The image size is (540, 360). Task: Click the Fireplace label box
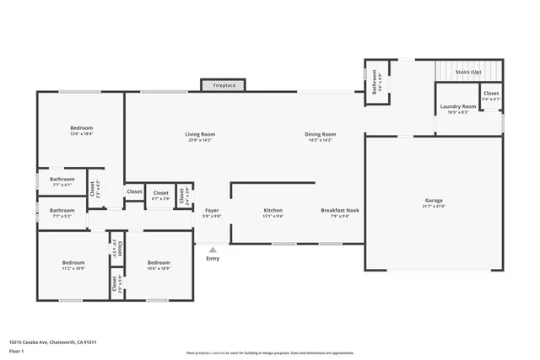[x=224, y=85]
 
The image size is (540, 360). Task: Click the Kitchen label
[x=273, y=211]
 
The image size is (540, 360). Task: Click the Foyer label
[x=212, y=211]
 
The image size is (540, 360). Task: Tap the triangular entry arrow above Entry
[x=213, y=250]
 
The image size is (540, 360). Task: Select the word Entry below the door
[x=213, y=258]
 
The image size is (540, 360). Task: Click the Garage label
[x=433, y=202]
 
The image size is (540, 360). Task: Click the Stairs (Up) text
[x=468, y=73]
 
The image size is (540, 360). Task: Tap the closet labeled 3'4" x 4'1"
[x=490, y=95]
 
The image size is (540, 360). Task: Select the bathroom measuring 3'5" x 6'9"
[x=376, y=83]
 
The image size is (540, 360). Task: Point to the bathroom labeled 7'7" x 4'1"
[x=62, y=180]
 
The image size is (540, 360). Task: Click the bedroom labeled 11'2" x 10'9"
[x=73, y=265]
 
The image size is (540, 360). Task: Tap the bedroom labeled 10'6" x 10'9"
[x=159, y=265]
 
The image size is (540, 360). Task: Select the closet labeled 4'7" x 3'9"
[x=160, y=195]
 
